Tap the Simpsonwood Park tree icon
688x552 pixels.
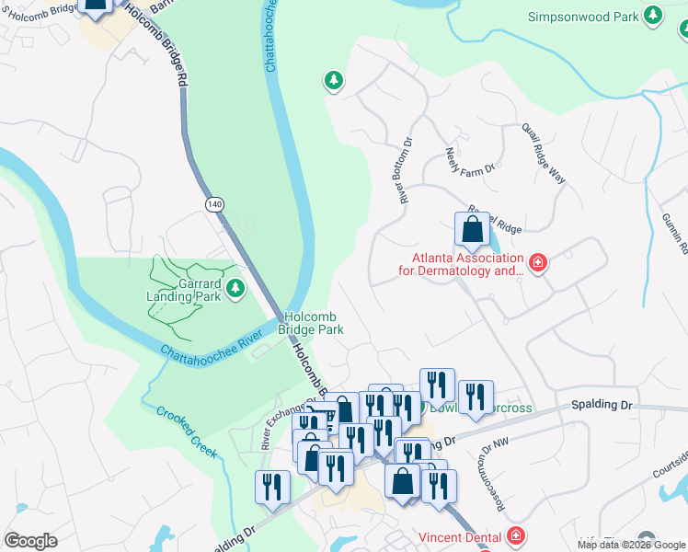pyautogui.click(x=653, y=16)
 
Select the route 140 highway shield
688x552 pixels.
pyautogui.click(x=214, y=205)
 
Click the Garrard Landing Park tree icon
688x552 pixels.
pyautogui.click(x=236, y=290)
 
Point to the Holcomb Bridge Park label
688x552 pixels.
pyautogui.click(x=314, y=322)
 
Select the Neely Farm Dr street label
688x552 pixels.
pyautogui.click(x=470, y=160)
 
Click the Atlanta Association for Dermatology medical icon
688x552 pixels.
pyautogui.click(x=538, y=265)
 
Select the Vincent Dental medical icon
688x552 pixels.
pyautogui.click(x=515, y=535)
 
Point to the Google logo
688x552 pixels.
pyautogui.click(x=30, y=541)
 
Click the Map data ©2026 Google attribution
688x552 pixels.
pyautogui.click(x=632, y=545)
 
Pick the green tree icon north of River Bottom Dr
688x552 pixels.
pyautogui.click(x=333, y=82)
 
